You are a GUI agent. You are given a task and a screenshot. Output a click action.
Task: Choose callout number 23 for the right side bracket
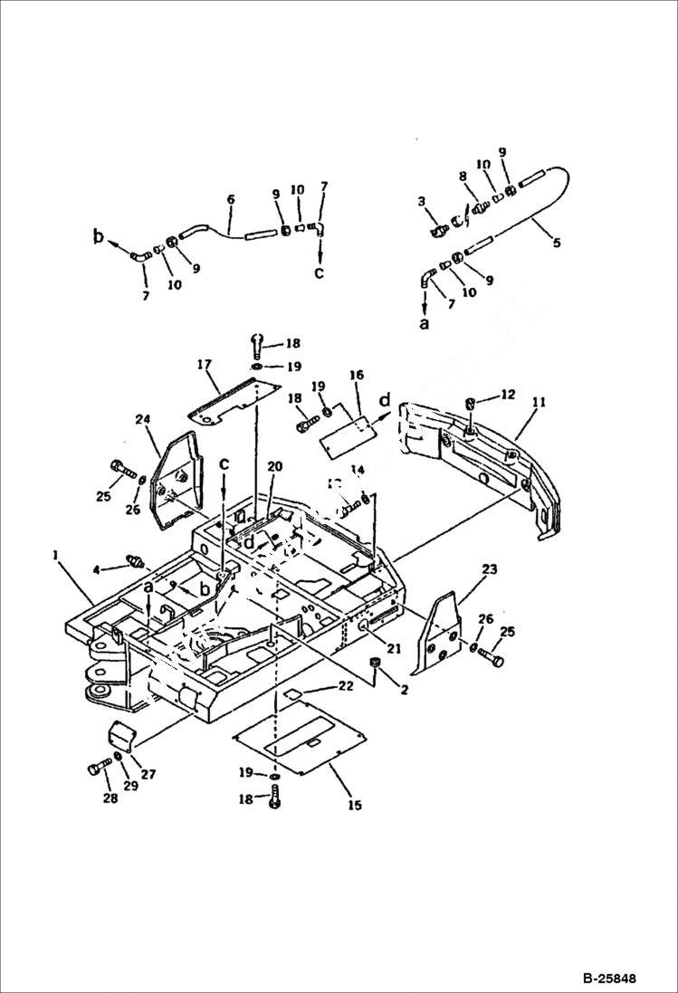489,570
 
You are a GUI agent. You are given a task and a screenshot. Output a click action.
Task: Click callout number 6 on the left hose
230,198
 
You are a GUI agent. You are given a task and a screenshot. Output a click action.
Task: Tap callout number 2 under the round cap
380,690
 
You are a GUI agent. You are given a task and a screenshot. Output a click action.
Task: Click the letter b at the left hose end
98,237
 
